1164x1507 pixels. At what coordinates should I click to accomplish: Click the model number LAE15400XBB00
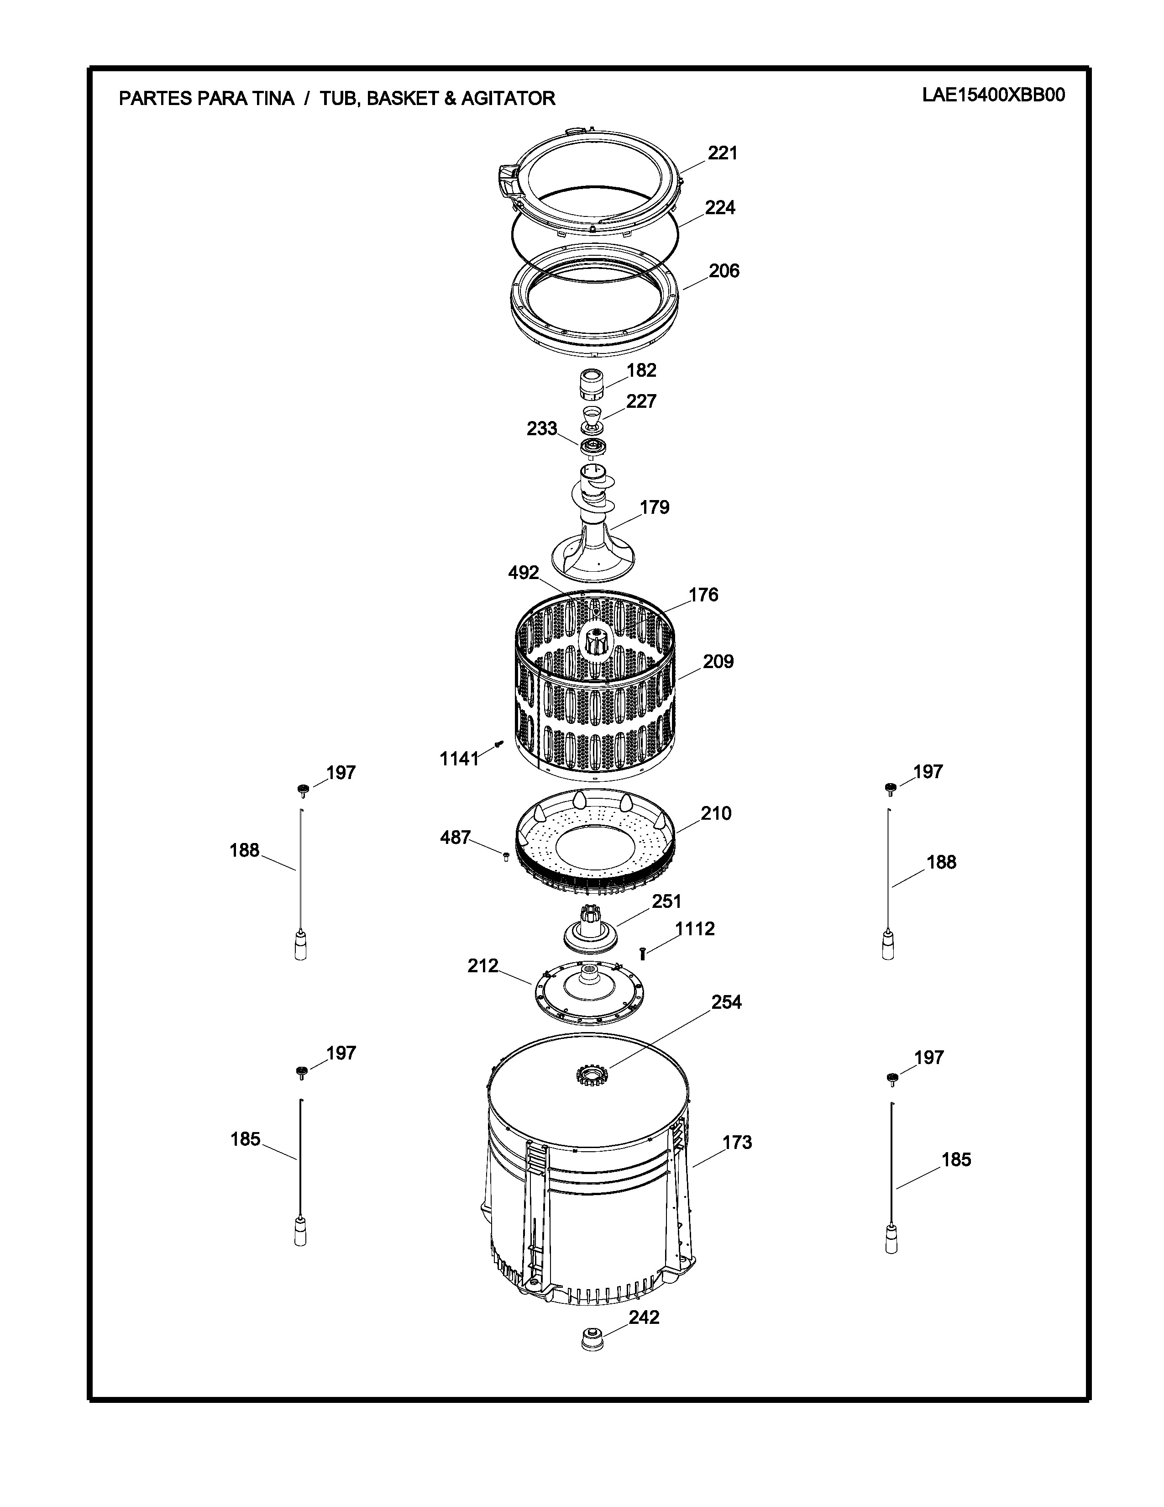(x=993, y=95)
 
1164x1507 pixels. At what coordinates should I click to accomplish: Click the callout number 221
(x=723, y=153)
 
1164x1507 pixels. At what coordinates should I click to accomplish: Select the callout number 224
(x=720, y=208)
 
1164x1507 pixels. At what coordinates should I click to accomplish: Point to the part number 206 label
(x=724, y=271)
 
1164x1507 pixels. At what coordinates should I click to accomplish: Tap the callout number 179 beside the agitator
(x=655, y=507)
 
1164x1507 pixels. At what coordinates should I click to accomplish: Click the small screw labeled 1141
(x=500, y=744)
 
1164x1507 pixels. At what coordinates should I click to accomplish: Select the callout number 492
(x=524, y=573)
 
